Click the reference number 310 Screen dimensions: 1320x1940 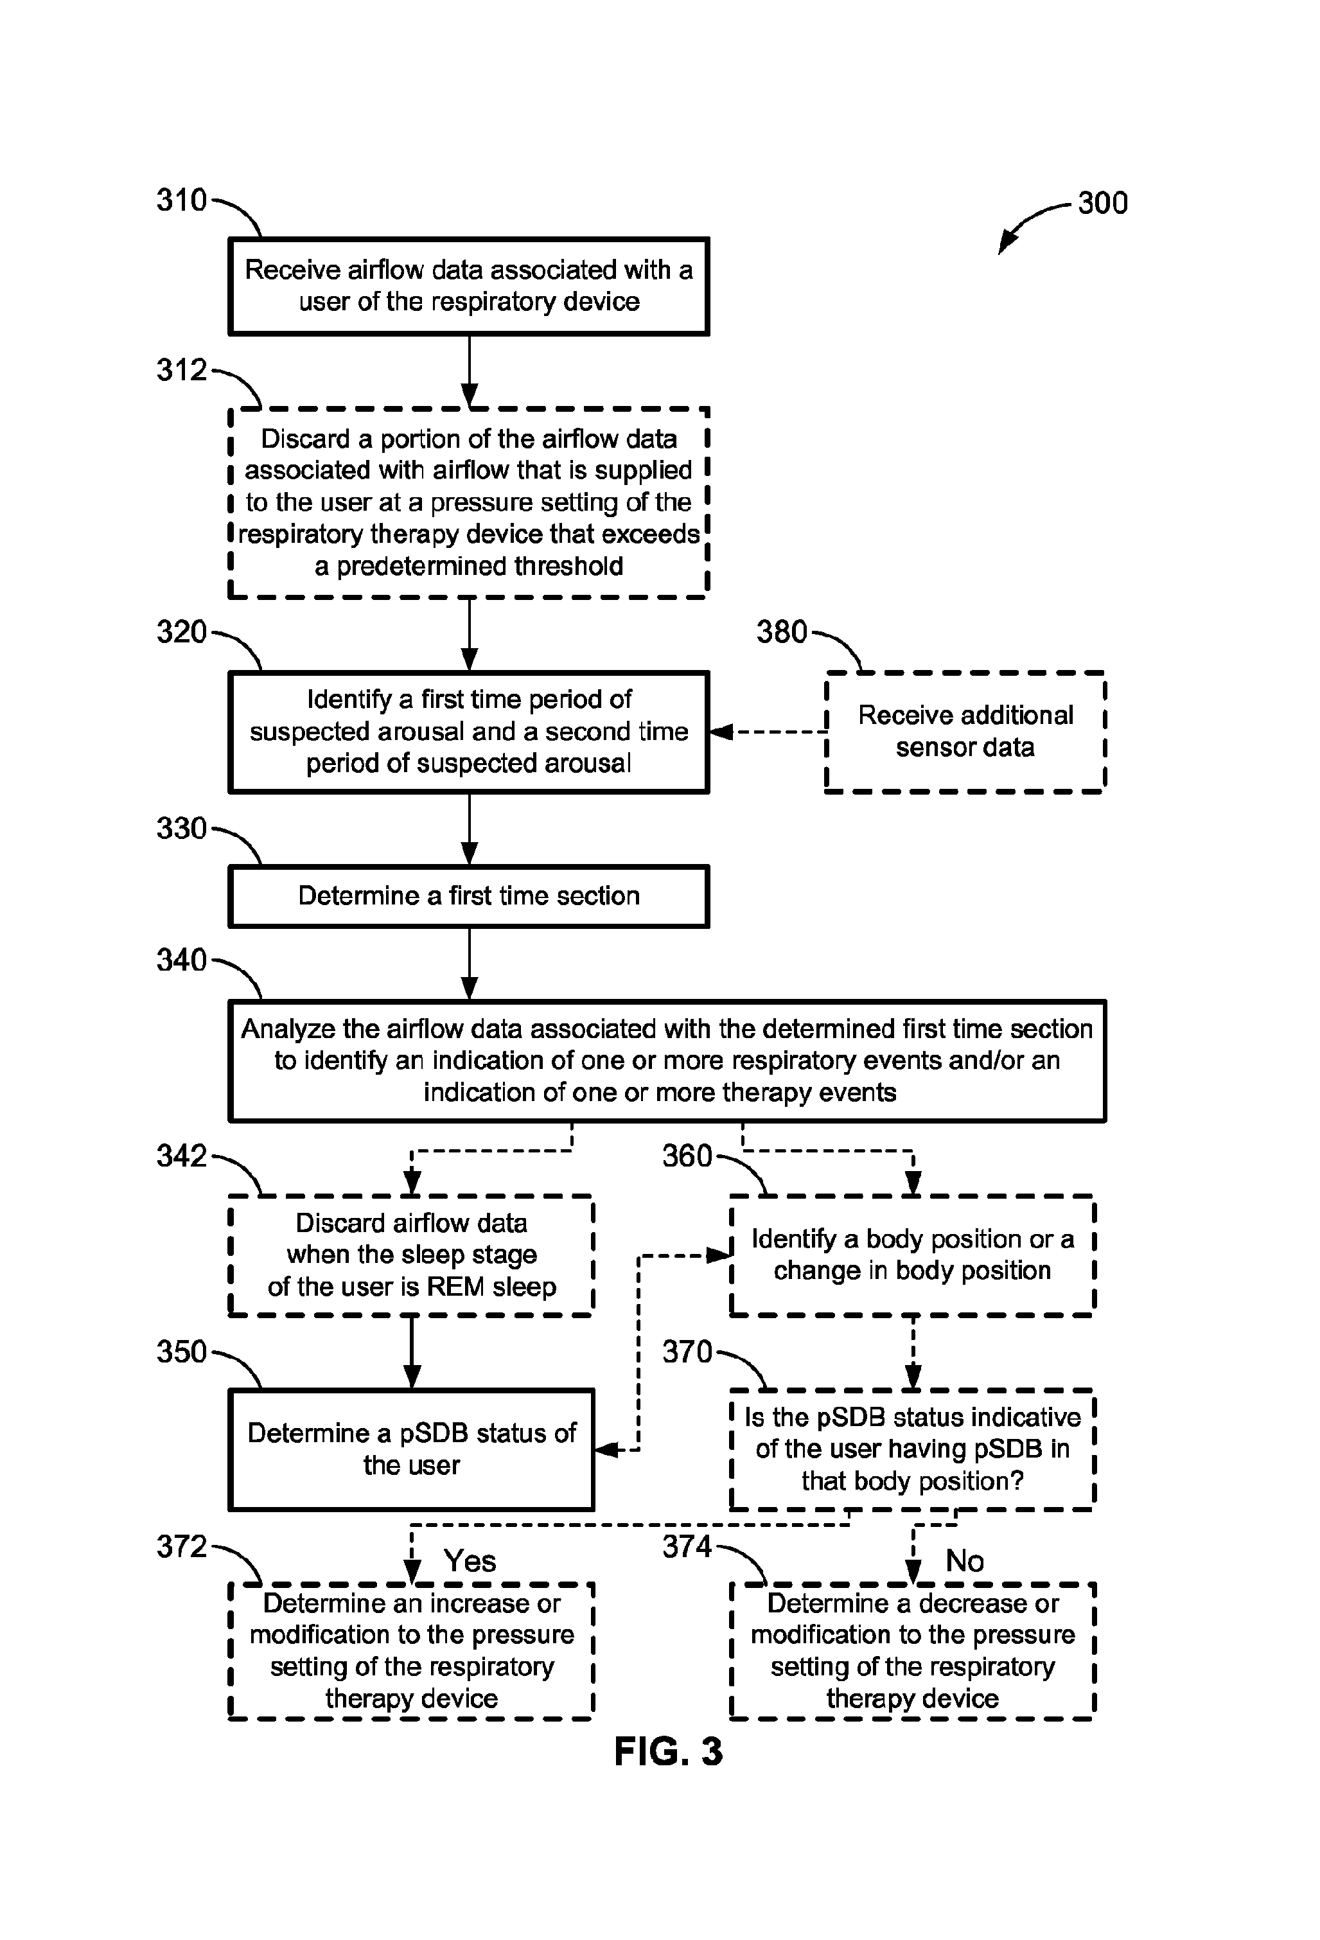181,200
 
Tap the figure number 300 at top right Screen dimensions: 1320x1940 1102,203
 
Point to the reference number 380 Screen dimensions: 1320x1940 782,632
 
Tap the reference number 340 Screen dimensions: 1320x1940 181,960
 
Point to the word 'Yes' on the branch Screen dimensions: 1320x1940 469,1560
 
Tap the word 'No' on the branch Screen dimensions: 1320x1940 964,1560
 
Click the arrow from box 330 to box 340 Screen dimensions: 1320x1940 469,964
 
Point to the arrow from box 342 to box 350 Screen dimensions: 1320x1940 412,1352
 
